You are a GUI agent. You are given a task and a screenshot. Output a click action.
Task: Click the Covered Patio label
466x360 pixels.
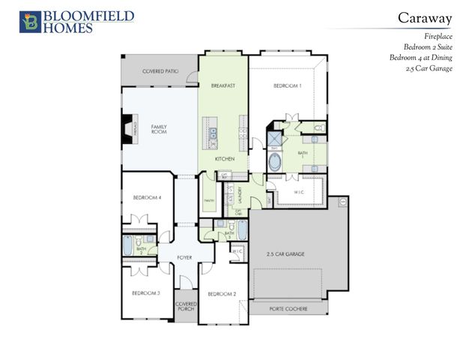point(160,71)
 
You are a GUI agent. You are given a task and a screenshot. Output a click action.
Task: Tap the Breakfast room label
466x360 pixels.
point(223,85)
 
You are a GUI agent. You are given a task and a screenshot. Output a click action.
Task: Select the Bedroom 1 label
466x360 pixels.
point(288,85)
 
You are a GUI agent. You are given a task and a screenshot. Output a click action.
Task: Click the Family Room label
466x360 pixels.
point(159,129)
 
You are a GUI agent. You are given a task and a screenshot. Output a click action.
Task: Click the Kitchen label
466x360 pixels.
point(225,159)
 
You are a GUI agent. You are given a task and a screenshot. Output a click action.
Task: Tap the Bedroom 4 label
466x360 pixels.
point(147,197)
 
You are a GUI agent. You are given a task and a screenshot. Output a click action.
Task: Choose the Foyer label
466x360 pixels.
point(184,257)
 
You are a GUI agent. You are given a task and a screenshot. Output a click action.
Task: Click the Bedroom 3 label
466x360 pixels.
point(146,292)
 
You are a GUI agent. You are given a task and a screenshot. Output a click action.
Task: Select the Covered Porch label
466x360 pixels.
point(186,307)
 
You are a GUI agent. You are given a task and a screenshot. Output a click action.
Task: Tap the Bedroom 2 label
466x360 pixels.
point(222,292)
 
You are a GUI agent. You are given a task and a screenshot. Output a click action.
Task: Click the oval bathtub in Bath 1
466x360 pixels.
point(275,162)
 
